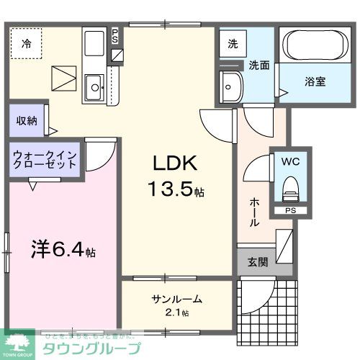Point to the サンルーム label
[176, 299]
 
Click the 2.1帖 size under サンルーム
[177, 312]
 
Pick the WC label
[291, 163]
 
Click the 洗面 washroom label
[259, 65]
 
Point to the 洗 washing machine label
[233, 43]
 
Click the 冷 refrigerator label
[26, 43]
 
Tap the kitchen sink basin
[94, 89]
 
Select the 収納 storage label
[27, 120]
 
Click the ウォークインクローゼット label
[45, 158]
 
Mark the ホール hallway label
[254, 213]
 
